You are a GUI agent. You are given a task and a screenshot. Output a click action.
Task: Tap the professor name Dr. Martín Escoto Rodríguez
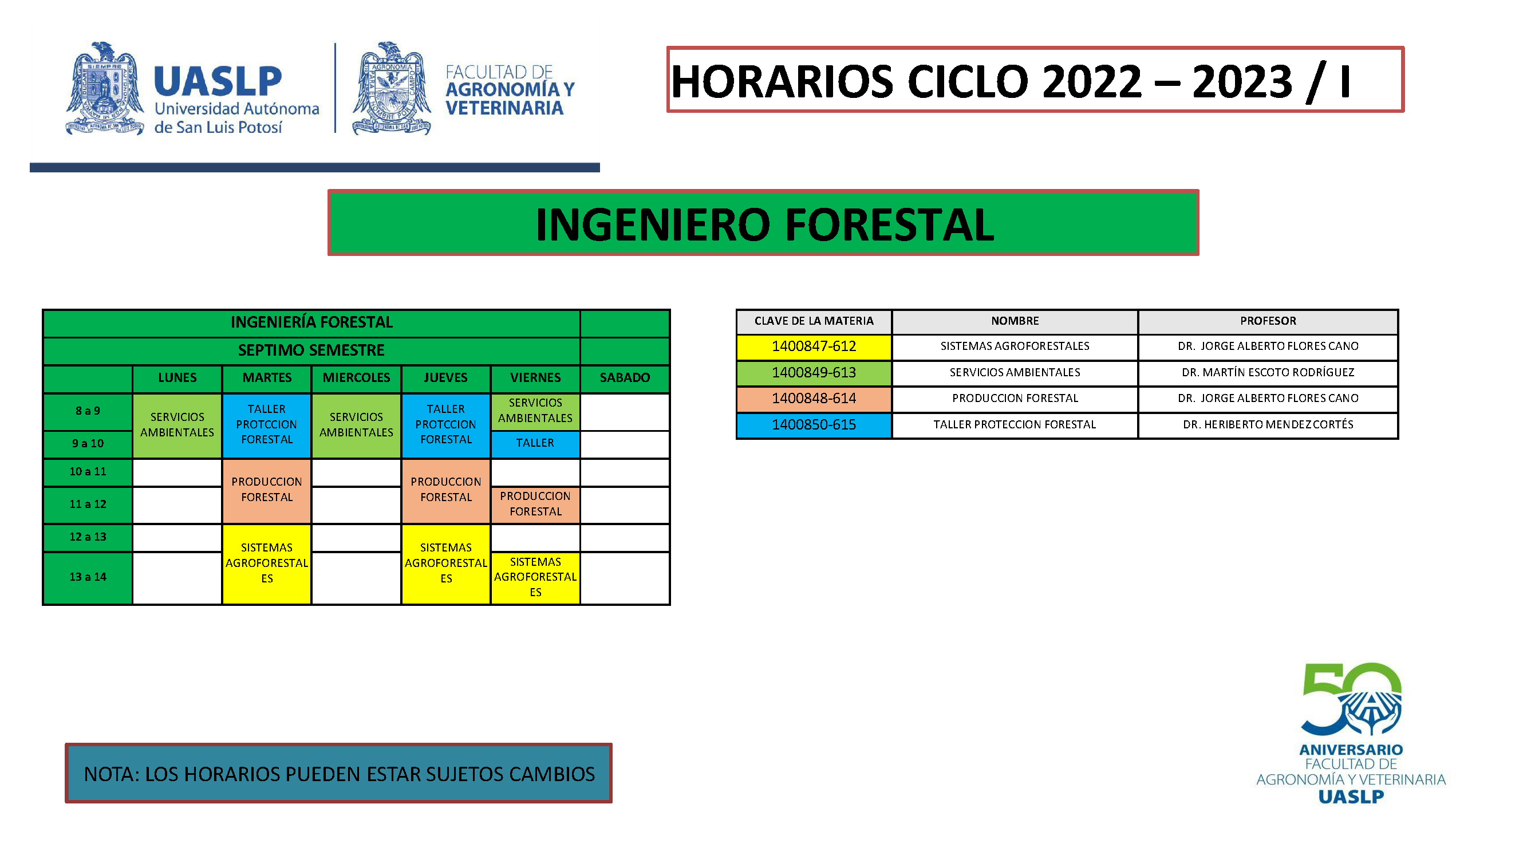click(x=1268, y=372)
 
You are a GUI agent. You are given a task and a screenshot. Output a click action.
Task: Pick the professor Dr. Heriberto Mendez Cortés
click(x=1268, y=424)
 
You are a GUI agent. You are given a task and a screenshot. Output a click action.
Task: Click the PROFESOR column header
click(x=1268, y=321)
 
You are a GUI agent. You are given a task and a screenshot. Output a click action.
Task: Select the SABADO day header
click(x=625, y=377)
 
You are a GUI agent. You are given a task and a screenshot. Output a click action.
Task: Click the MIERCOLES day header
click(x=356, y=377)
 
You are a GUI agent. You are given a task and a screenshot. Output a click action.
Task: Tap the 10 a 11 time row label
click(x=88, y=472)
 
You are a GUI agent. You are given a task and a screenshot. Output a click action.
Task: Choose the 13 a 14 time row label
click(x=88, y=577)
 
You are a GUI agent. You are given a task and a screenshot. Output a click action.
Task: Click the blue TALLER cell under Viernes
click(x=535, y=443)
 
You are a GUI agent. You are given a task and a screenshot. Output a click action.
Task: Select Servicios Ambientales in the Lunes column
click(x=177, y=425)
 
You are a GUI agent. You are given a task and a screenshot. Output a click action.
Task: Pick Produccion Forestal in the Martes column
click(x=267, y=490)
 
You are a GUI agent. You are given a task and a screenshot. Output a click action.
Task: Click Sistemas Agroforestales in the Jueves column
click(x=446, y=563)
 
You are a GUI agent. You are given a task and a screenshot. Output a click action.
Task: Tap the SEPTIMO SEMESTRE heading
click(x=311, y=350)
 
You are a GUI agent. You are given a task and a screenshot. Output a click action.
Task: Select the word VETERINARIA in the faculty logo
click(x=504, y=108)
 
